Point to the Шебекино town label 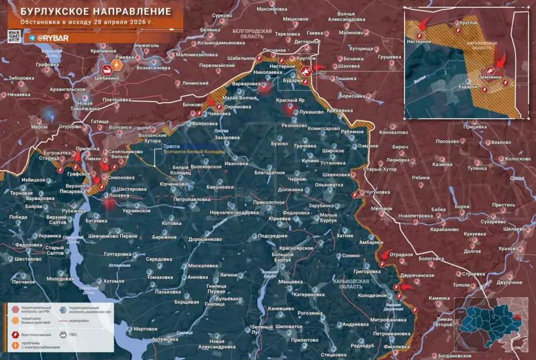[107, 77]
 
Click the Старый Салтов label [54, 250]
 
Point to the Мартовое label [146, 329]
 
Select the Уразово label [509, 248]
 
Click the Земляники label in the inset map [493, 76]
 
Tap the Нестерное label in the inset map [418, 41]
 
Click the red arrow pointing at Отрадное [384, 255]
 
